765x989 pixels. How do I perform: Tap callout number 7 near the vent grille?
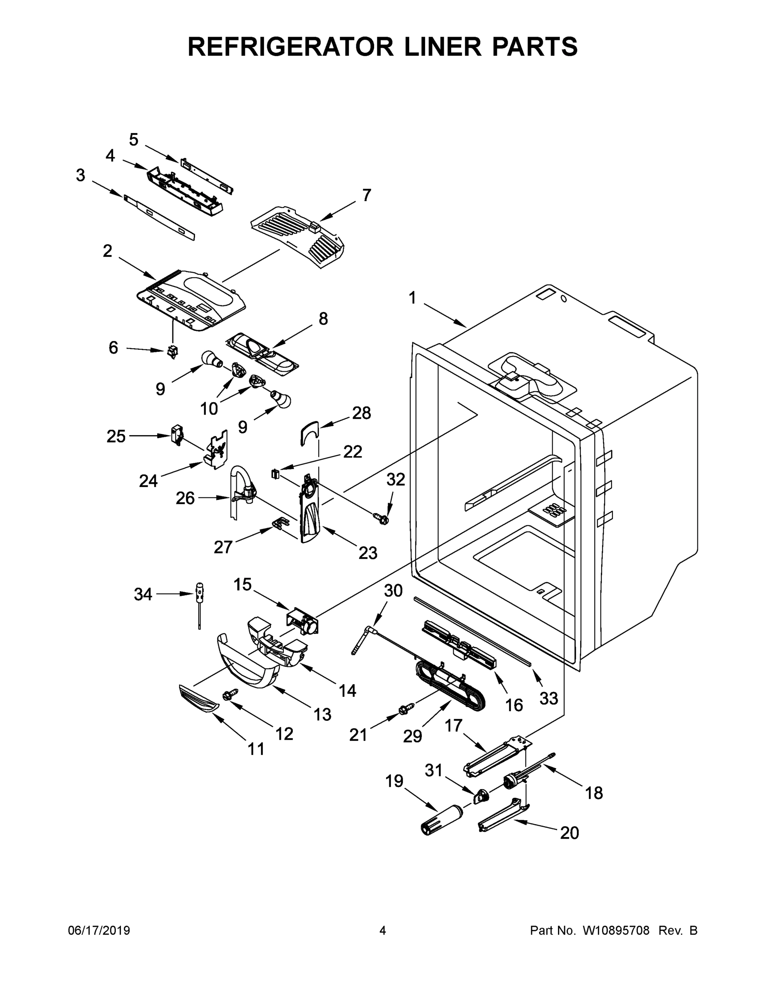coord(366,195)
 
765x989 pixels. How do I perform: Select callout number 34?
coord(143,594)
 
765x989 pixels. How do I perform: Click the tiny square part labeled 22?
coord(274,473)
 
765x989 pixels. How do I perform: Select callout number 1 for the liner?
coord(412,298)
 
